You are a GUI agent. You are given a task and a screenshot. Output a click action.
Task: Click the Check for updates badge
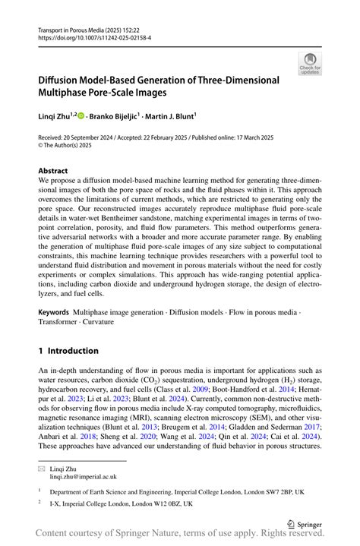tap(310, 64)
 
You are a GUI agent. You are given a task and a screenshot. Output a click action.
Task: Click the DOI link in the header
tap(90, 36)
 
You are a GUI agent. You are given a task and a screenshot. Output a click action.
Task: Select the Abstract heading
tap(53, 171)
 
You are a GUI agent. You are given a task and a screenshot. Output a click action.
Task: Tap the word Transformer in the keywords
tap(61, 322)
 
